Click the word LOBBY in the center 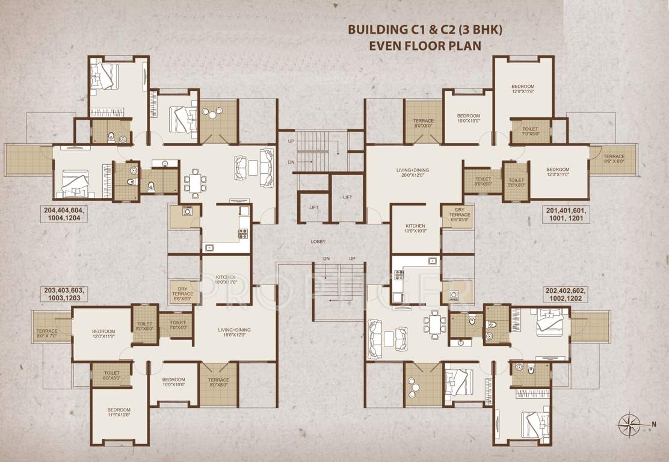click(x=318, y=242)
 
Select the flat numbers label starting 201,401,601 click(x=566, y=215)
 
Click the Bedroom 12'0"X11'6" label click(x=523, y=87)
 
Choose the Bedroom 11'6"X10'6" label click(x=119, y=412)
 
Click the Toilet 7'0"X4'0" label click(x=178, y=325)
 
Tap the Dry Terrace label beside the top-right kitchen click(x=460, y=215)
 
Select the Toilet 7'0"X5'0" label click(x=530, y=131)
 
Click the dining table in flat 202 click(x=434, y=325)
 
